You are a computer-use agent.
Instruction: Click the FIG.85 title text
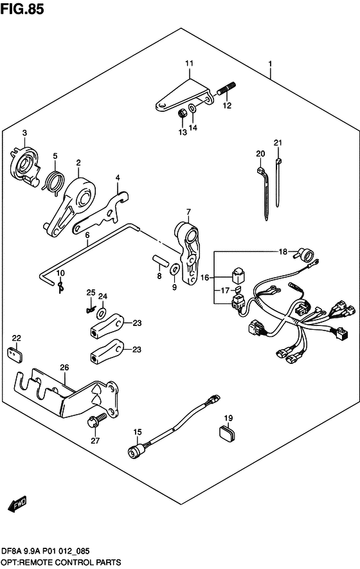point(22,9)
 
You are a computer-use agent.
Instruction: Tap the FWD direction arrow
point(17,503)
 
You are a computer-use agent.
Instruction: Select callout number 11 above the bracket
point(189,64)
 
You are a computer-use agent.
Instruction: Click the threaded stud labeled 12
point(227,88)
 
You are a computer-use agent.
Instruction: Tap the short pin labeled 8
point(159,260)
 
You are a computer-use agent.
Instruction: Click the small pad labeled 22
point(15,354)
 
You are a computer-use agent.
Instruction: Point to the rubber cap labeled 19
point(228,433)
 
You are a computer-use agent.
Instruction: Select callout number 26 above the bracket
point(64,367)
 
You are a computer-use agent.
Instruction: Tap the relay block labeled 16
point(238,275)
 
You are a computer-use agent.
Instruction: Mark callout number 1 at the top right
point(270,64)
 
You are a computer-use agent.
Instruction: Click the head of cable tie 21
point(278,161)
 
